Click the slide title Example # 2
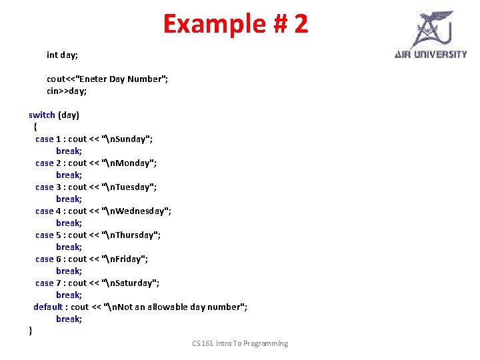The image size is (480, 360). click(235, 23)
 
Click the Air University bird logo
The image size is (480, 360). click(432, 29)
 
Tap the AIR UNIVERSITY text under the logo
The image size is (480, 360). click(431, 55)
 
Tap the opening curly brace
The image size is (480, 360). click(35, 127)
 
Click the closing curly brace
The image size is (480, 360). click(31, 331)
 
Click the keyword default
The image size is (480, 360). click(48, 307)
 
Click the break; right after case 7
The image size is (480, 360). click(69, 295)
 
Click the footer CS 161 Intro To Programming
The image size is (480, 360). click(240, 343)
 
